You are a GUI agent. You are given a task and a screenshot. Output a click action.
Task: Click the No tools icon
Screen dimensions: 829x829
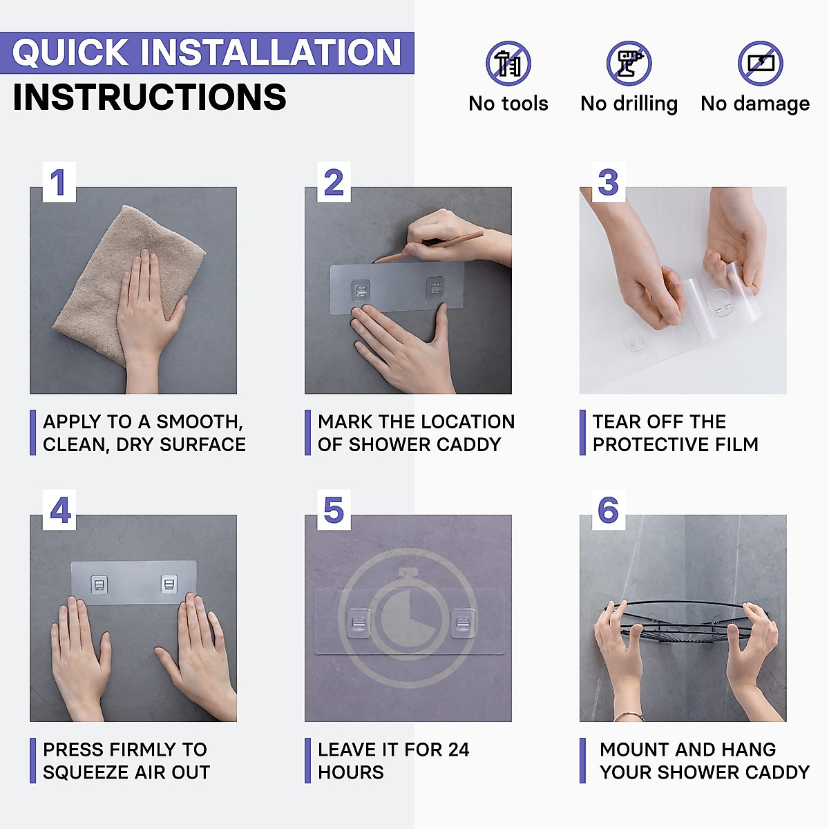coord(508,64)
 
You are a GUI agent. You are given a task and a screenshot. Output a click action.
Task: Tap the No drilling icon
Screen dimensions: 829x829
coord(629,64)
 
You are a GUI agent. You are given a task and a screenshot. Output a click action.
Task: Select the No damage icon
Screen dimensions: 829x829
coord(760,64)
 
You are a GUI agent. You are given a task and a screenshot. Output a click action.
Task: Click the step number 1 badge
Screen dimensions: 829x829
coord(59,182)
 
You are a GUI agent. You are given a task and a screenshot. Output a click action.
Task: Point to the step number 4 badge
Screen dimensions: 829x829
coord(59,510)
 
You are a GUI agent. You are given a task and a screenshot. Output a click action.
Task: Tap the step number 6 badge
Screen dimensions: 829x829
coord(609,510)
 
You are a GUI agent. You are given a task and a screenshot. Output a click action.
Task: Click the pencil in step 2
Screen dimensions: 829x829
coord(428,247)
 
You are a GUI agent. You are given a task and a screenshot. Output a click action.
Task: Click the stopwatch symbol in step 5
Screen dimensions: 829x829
coord(408,618)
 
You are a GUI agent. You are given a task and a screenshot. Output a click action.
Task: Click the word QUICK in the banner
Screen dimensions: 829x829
coord(70,53)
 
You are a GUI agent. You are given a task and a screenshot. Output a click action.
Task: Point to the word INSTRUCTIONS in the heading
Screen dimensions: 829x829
coord(150,97)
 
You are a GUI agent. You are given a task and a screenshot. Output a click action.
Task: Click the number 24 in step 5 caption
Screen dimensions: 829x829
coord(458,750)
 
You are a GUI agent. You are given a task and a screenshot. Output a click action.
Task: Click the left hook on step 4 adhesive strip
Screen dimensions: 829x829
coord(99,584)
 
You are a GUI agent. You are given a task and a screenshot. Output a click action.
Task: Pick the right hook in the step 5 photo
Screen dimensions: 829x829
coord(463,623)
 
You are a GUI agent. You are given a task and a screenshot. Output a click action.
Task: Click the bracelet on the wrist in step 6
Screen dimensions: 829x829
coord(629,716)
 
